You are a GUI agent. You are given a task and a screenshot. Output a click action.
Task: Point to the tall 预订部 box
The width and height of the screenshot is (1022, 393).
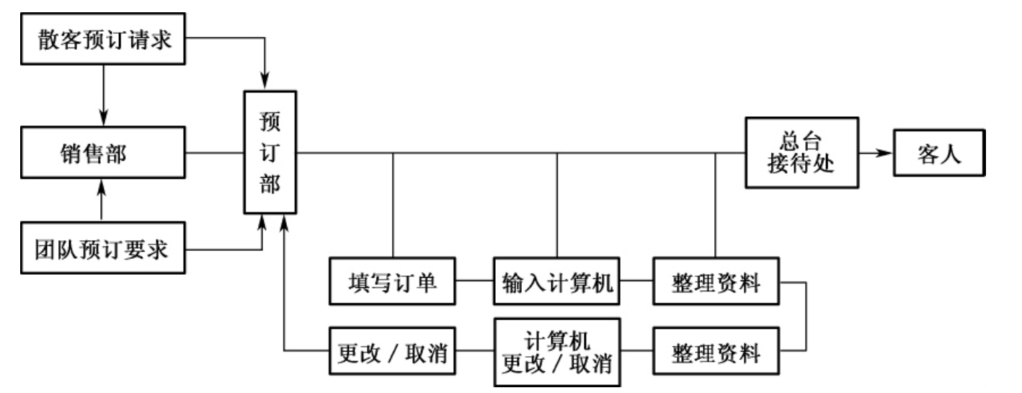[270, 152]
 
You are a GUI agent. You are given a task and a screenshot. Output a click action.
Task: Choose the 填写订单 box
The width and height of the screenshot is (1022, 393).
[393, 280]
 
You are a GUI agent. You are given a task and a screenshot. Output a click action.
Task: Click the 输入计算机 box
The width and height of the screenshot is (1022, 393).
[557, 280]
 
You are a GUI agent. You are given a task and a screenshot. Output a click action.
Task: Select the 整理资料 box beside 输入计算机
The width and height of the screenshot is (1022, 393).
[716, 280]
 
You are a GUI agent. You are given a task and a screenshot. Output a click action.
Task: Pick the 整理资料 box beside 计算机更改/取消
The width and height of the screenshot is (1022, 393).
[716, 352]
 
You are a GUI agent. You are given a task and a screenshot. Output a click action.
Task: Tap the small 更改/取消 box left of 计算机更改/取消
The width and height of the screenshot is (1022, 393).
[393, 352]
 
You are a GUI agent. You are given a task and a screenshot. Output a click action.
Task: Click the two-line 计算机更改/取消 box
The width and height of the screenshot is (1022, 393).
[557, 352]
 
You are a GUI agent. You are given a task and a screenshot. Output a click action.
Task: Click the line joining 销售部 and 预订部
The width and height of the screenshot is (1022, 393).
[214, 153]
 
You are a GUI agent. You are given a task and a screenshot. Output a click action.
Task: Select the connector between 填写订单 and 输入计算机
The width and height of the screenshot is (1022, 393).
[475, 280]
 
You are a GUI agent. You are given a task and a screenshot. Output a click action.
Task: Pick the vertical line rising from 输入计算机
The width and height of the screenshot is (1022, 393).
[557, 205]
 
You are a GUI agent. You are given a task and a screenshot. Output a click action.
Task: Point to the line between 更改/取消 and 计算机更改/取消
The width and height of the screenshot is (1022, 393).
[475, 352]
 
